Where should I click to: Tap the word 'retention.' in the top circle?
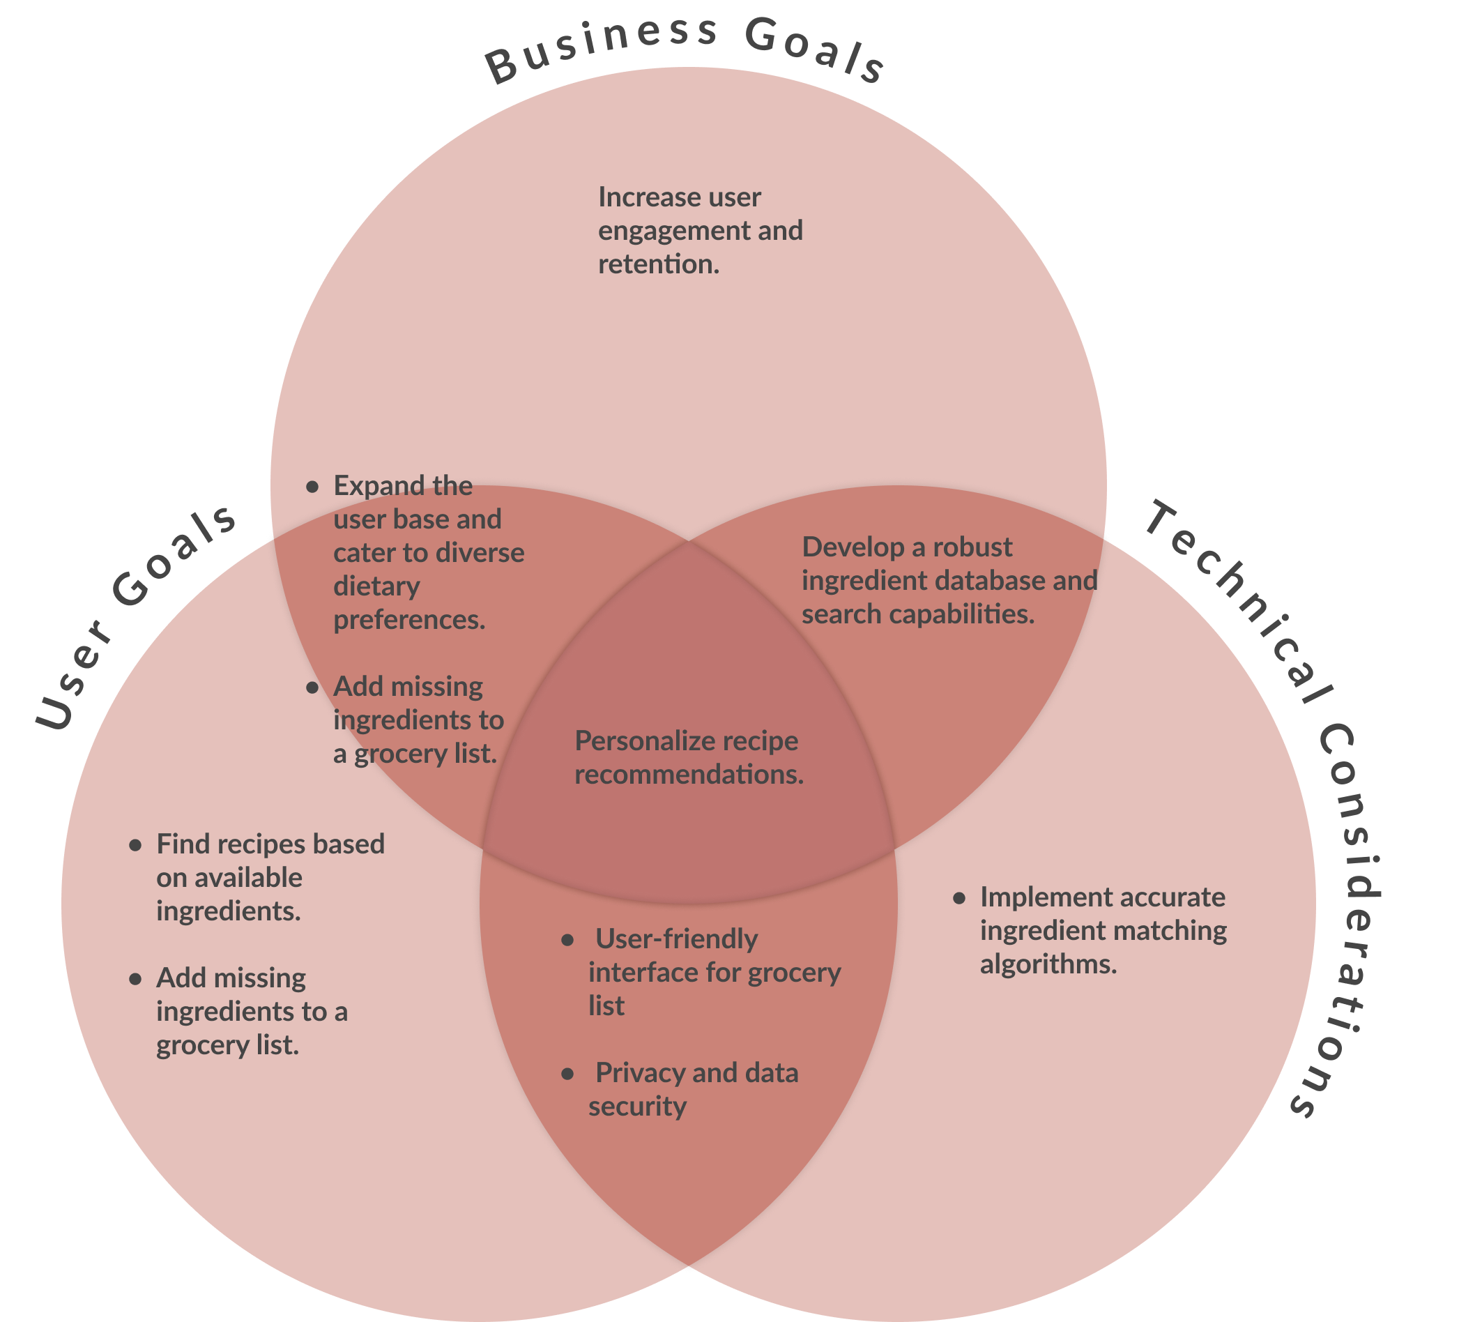659,264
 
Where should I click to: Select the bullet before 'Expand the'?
312,487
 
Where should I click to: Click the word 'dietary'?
376,586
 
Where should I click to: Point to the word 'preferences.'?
410,620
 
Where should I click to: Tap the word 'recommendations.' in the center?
689,775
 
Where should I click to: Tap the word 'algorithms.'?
1048,964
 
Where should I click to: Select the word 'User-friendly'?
676,939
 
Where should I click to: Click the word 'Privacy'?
636,1073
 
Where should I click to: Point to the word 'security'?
637,1107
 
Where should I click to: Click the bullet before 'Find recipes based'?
135,845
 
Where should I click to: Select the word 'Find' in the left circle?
182,844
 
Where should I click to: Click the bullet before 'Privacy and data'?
568,1074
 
